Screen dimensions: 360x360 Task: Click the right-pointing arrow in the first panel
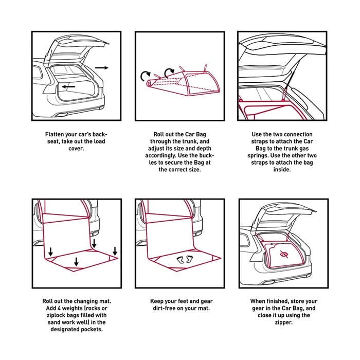pyautogui.click(x=101, y=68)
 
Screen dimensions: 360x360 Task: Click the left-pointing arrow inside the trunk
pyautogui.click(x=68, y=87)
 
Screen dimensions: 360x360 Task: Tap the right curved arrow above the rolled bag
pyautogui.click(x=169, y=73)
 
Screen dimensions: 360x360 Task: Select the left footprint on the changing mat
pyautogui.click(x=180, y=260)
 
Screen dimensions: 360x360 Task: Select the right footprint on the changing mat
pyautogui.click(x=189, y=259)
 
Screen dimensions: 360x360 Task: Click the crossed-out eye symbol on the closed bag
pyautogui.click(x=284, y=254)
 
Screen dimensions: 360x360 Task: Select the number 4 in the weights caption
pyautogui.click(x=59, y=308)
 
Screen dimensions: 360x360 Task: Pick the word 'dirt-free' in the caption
pyautogui.click(x=165, y=308)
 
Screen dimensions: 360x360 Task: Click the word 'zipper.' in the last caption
pyautogui.click(x=284, y=322)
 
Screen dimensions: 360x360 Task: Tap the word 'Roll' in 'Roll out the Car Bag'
pyautogui.click(x=158, y=134)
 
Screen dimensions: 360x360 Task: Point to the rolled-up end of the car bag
pyautogui.click(x=150, y=83)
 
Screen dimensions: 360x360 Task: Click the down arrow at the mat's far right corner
pyautogui.click(x=115, y=251)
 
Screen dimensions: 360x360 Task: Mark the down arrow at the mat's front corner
pyautogui.click(x=77, y=262)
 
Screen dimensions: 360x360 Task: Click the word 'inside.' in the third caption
pyautogui.click(x=282, y=170)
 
